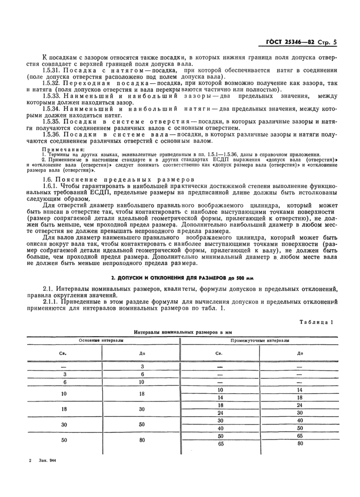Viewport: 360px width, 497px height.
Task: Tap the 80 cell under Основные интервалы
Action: (x=142, y=440)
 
